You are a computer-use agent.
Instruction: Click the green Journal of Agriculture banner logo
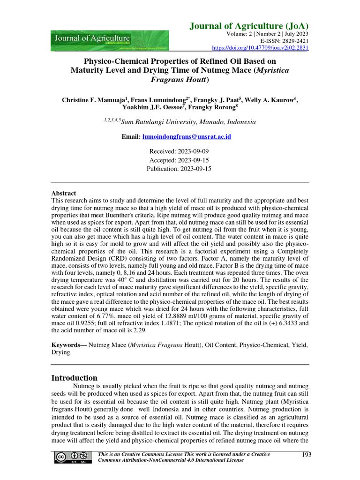[x=110, y=41]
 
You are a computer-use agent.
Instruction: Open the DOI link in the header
[x=261, y=47]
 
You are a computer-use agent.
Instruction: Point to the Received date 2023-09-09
[x=179, y=151]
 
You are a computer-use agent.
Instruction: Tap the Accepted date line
[x=179, y=160]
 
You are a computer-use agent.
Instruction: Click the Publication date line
[x=179, y=168]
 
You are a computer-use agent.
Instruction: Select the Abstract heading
[x=63, y=193]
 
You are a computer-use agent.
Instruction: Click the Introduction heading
[x=74, y=378]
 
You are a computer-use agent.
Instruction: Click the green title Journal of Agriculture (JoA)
[x=249, y=26]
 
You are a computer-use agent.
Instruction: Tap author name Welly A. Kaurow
[x=272, y=100]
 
